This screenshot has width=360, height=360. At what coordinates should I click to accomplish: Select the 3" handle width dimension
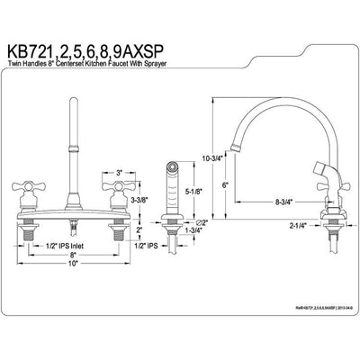(119, 170)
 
